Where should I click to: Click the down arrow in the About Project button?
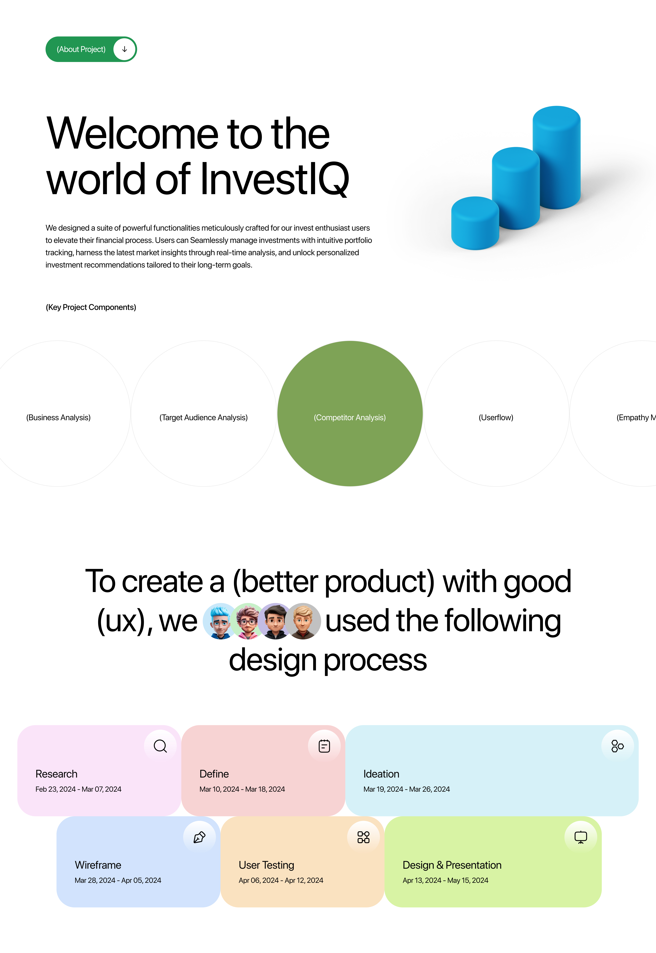coord(125,49)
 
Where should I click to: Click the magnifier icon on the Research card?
coord(160,746)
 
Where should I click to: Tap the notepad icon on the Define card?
coord(324,746)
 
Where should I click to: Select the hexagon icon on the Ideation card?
coord(617,746)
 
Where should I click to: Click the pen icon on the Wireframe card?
coord(199,837)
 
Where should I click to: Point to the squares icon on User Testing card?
coord(363,837)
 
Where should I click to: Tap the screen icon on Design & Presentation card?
coord(581,837)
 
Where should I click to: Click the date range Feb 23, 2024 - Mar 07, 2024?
coord(78,789)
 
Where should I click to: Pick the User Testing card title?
coord(266,865)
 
